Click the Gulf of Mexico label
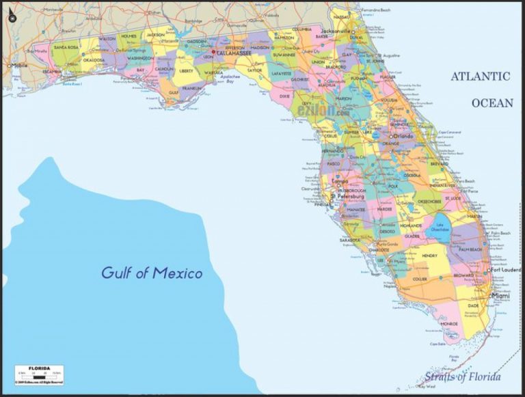point(152,273)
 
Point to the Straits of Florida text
point(462,377)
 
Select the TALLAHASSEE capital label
point(234,53)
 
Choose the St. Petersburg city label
point(346,196)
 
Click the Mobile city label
point(20,66)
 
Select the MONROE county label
point(449,323)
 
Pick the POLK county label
point(392,185)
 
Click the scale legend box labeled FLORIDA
point(40,374)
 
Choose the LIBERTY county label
point(186,70)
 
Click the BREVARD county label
point(440,164)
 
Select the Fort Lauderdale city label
point(505,270)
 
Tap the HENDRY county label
point(429,256)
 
